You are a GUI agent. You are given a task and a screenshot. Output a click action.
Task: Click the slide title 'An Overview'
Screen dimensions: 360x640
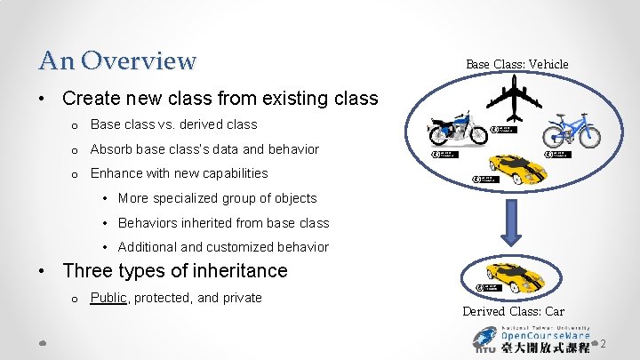click(x=117, y=60)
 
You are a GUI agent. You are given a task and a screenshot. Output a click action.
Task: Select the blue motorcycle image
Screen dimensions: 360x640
click(x=457, y=131)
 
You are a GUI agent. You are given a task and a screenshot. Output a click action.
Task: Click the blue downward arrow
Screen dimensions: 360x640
click(x=513, y=221)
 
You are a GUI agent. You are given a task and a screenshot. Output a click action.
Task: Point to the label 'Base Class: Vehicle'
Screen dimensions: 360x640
click(x=516, y=64)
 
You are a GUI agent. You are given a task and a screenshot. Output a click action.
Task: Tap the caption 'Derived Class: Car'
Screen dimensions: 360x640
click(x=513, y=311)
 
